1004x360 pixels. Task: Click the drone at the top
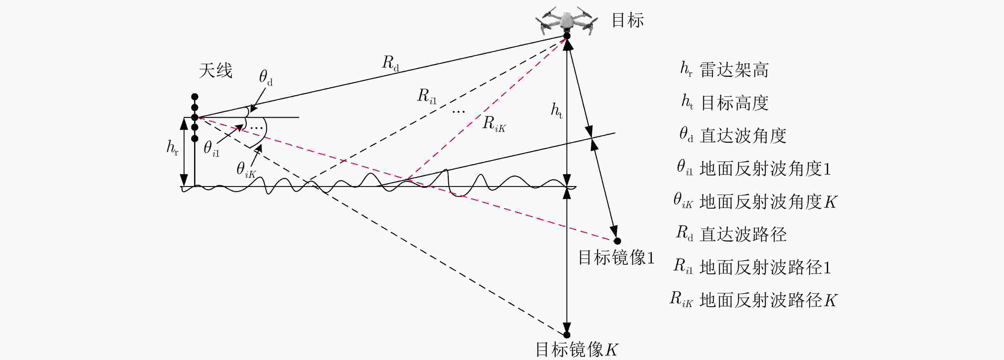[x=566, y=19]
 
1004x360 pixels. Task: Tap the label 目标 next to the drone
[x=628, y=20]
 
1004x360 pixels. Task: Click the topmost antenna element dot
[x=195, y=97]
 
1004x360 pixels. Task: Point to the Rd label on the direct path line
[x=390, y=63]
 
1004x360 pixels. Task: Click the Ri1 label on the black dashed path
[x=427, y=96]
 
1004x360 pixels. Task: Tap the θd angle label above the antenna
[x=266, y=77]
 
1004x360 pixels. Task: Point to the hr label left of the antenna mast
[x=172, y=148]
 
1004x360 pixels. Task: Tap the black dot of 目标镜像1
[x=617, y=241]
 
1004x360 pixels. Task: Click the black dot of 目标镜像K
[x=567, y=335]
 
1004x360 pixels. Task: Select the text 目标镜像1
[x=616, y=258]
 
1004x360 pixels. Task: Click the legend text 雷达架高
[x=734, y=70]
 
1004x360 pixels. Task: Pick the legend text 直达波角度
[x=743, y=136]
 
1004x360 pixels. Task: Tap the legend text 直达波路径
[x=743, y=234]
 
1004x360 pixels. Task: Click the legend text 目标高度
[x=735, y=103]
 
